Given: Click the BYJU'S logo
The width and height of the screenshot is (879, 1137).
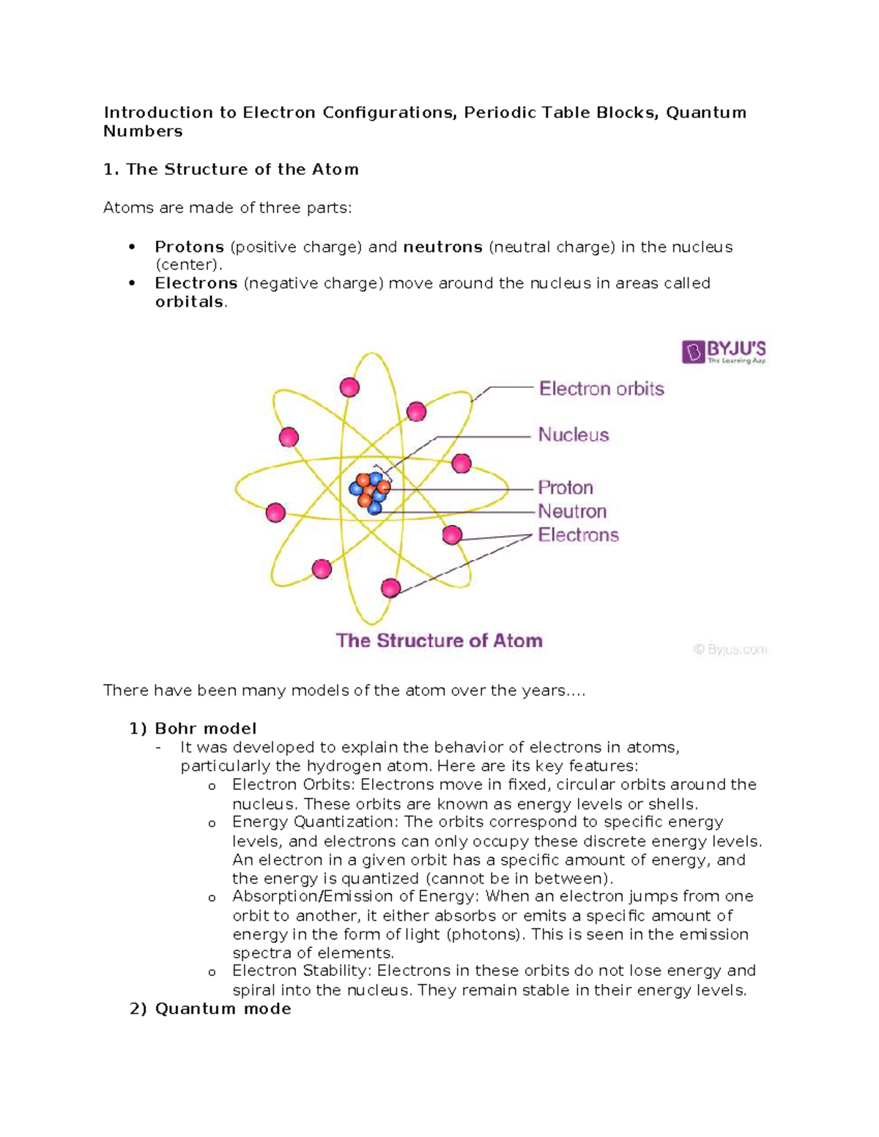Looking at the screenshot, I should click(723, 351).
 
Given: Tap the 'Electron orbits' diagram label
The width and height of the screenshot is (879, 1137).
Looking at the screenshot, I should click(601, 389).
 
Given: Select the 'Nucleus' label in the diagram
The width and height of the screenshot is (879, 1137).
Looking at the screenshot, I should click(574, 435).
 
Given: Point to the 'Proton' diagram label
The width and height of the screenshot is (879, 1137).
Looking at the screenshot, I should click(565, 488).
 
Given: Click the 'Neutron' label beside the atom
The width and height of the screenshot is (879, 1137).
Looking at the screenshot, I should click(572, 511).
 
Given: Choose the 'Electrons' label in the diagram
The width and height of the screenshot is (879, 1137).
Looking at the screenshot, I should click(578, 535).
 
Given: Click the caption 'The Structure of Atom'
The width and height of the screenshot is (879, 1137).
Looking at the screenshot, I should click(439, 641).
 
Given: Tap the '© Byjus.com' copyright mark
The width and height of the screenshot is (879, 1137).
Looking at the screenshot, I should click(730, 649).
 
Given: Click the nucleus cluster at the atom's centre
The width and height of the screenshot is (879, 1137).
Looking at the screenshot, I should click(370, 493).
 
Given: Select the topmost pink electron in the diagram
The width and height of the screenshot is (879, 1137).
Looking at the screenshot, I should click(349, 387).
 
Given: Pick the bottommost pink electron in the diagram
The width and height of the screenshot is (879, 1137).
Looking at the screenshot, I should click(391, 587).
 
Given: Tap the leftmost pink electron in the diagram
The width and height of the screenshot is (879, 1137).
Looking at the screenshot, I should click(275, 512).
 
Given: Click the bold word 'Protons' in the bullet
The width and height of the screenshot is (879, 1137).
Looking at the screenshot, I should click(189, 247).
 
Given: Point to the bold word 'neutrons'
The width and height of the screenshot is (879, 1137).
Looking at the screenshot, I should click(442, 247).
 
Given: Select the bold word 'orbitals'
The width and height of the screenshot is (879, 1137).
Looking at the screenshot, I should click(189, 302).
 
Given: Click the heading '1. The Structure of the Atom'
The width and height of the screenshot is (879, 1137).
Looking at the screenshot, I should click(231, 170).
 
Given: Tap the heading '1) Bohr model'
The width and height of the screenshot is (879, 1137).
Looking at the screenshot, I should click(193, 728).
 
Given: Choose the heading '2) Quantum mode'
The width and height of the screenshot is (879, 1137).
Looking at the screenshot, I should click(210, 1009).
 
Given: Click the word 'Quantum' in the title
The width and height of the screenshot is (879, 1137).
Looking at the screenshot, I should click(706, 113).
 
